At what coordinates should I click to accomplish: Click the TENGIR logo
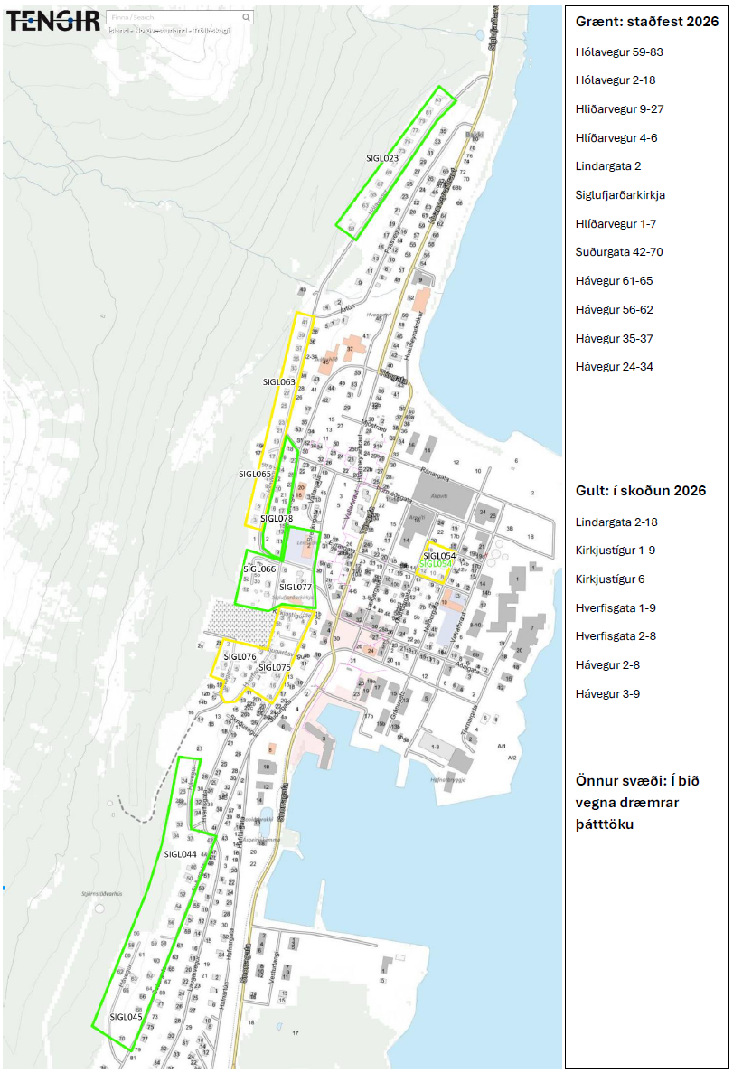(53, 21)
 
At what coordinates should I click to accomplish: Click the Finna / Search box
(179, 17)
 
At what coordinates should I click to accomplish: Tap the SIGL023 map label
(381, 158)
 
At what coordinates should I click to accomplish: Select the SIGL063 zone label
(278, 382)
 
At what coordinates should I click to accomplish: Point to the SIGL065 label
(255, 474)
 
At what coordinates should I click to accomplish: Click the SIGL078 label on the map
(277, 519)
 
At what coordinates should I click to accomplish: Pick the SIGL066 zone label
(259, 569)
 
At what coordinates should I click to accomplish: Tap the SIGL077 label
(296, 588)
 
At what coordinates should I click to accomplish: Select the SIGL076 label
(240, 656)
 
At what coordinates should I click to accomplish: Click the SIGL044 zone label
(181, 854)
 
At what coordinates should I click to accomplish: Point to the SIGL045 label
(126, 1017)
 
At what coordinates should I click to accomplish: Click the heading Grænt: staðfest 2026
(646, 22)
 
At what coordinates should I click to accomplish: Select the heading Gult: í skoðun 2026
(640, 491)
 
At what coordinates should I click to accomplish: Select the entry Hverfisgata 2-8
(616, 636)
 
